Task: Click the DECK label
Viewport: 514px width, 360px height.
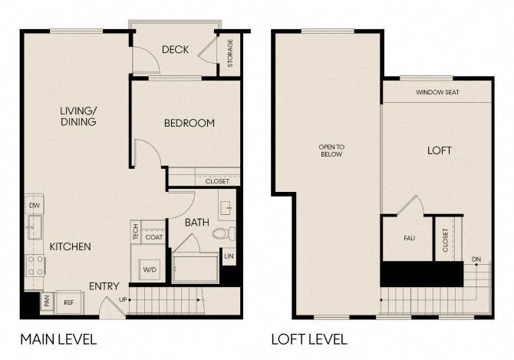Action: pos(176,49)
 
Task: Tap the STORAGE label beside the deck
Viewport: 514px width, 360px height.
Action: pos(230,53)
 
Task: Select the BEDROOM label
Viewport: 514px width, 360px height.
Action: pos(189,123)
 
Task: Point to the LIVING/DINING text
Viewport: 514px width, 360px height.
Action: pos(78,117)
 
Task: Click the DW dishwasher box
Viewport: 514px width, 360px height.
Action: pos(34,205)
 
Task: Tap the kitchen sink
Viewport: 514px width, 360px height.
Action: pos(34,227)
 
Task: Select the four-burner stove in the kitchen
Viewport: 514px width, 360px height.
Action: pos(35,266)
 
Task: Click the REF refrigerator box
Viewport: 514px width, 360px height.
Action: pos(69,302)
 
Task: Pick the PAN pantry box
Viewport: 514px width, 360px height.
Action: pos(47,301)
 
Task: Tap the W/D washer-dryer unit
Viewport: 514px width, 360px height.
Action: pos(150,269)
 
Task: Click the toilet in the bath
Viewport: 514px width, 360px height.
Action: pos(224,233)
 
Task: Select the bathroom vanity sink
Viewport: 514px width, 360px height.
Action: pos(227,208)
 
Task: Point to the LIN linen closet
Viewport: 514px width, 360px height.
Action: pos(229,256)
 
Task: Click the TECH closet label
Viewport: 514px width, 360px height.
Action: pos(135,232)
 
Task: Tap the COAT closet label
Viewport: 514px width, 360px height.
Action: pos(153,237)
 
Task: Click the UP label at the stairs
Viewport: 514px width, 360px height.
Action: pos(123,299)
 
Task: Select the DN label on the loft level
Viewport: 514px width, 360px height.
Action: pos(476,259)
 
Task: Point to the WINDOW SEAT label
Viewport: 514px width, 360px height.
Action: pos(437,92)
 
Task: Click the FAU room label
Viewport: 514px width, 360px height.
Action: pos(410,239)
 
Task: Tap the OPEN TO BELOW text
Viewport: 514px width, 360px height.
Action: pos(331,150)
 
